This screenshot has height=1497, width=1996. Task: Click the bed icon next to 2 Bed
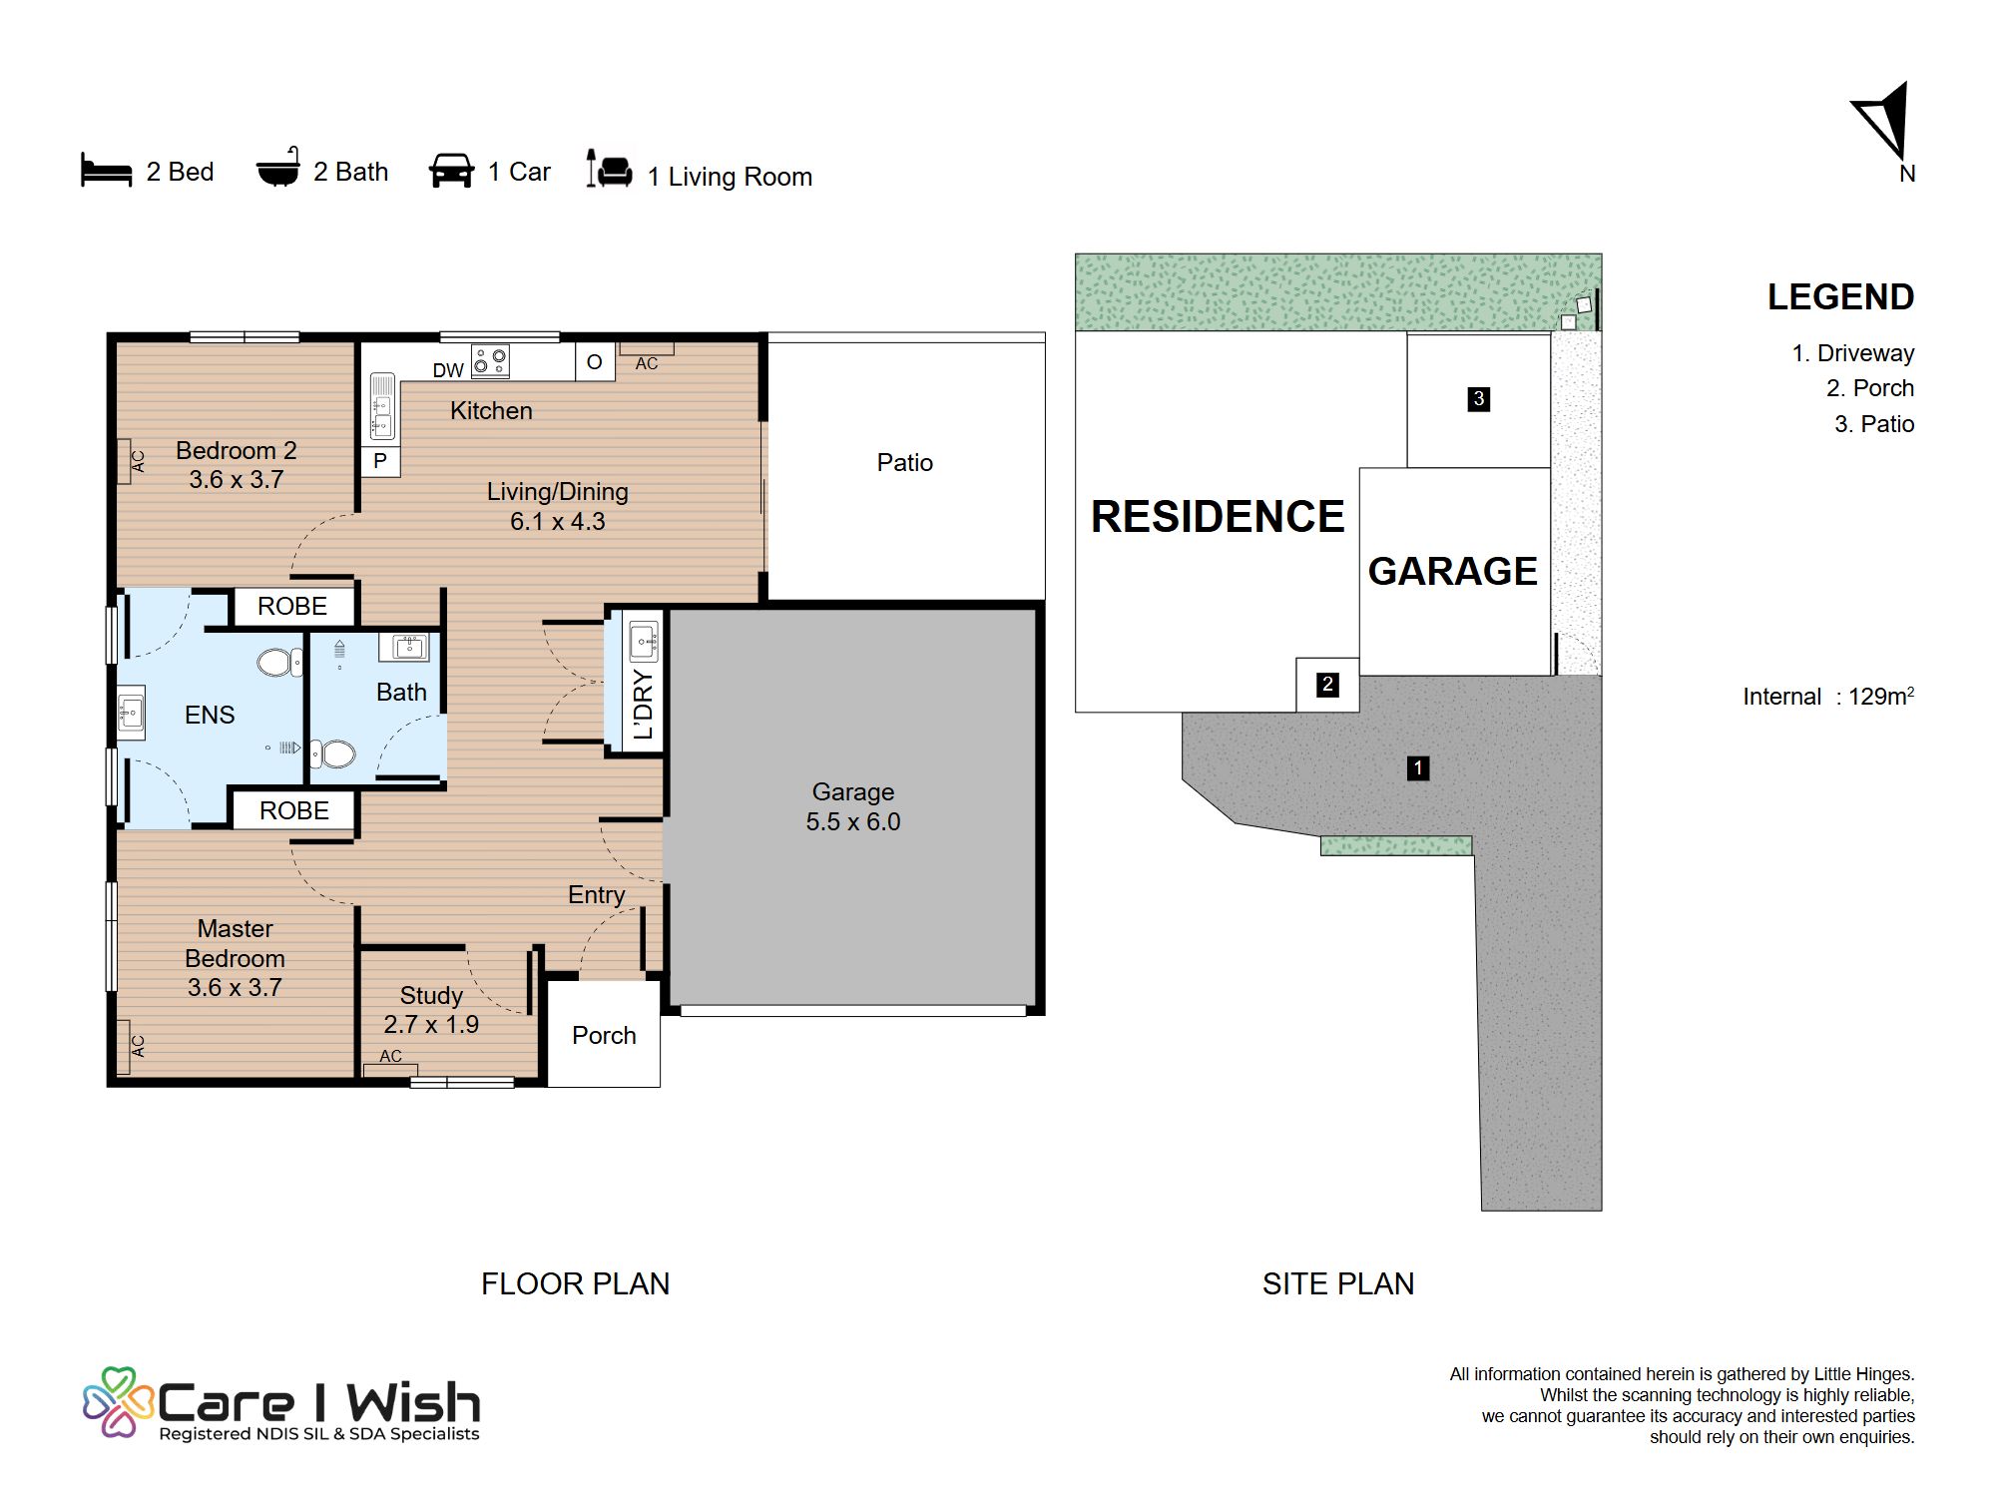[x=106, y=170]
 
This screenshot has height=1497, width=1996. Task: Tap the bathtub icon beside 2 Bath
[x=277, y=168]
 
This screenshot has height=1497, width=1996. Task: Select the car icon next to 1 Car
[x=451, y=170]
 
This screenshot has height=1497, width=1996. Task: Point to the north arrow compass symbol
[x=1884, y=123]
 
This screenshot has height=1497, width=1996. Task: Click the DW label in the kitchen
[x=448, y=370]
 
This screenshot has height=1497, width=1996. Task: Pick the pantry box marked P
[x=380, y=461]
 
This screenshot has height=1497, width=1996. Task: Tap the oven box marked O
[x=595, y=362]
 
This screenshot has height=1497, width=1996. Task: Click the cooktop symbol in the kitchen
[x=490, y=361]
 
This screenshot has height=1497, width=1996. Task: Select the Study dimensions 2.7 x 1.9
[x=431, y=1025]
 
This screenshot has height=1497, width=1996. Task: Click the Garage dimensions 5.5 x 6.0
[x=853, y=821]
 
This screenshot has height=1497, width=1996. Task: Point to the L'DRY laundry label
[x=644, y=705]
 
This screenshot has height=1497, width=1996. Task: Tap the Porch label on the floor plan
[x=604, y=1036]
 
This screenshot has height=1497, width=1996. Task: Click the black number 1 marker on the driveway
[x=1418, y=768]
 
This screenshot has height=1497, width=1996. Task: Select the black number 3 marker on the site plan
[x=1479, y=399]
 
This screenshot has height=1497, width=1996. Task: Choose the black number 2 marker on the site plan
[x=1327, y=685]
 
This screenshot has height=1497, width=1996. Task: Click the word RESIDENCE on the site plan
[x=1218, y=517]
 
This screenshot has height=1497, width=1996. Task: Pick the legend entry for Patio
[x=1874, y=424]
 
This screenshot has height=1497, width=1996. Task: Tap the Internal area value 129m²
[x=1881, y=696]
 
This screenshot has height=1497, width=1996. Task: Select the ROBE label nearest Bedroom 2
[x=292, y=606]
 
